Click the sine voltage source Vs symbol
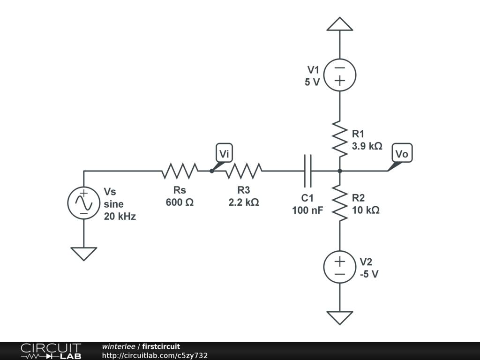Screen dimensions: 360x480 click(x=84, y=202)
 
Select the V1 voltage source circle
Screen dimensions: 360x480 click(x=340, y=75)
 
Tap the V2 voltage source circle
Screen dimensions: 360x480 click(x=340, y=267)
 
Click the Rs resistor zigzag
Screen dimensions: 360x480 click(x=180, y=171)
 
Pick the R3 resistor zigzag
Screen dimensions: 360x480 click(x=243, y=171)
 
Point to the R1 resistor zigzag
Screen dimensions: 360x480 click(x=340, y=138)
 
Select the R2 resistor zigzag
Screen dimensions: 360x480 click(x=340, y=202)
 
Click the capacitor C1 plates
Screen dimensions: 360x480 click(x=307, y=171)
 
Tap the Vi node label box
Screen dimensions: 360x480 click(x=225, y=153)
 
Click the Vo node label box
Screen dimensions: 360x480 click(x=402, y=153)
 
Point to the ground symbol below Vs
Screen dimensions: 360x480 click(x=84, y=253)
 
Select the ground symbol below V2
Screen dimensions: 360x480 click(x=340, y=317)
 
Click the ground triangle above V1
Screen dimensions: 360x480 click(x=340, y=24)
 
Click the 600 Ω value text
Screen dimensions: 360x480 click(x=180, y=202)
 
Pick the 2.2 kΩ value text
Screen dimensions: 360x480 click(x=243, y=202)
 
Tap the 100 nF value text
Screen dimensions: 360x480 click(x=307, y=210)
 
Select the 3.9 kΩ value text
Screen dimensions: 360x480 click(x=367, y=146)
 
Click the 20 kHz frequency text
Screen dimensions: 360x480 click(x=120, y=217)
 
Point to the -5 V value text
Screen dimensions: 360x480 click(x=369, y=274)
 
